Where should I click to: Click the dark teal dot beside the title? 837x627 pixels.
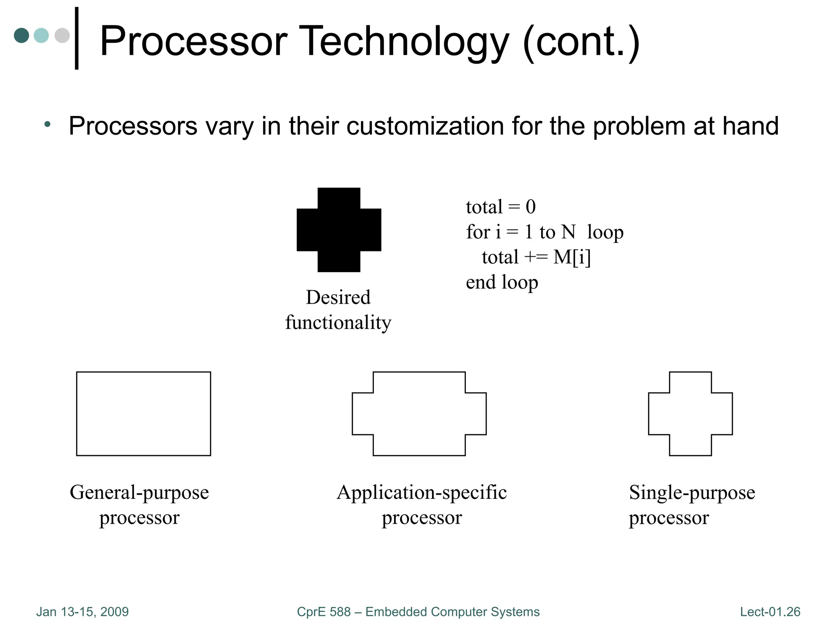coord(21,35)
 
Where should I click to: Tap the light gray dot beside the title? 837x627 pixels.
coord(62,35)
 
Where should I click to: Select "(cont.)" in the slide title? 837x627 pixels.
coord(581,42)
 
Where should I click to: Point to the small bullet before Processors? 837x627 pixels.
coord(47,124)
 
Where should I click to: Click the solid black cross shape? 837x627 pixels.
coord(339,230)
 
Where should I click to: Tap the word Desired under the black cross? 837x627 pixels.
coord(338,297)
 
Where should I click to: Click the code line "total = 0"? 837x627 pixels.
coord(501,207)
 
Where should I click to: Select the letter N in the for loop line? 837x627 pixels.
coord(568,232)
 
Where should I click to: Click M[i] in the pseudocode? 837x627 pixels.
coord(572,257)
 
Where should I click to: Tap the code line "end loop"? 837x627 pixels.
coord(502,282)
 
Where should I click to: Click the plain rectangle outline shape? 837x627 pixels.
coord(143,414)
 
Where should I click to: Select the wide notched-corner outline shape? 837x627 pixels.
coord(419,414)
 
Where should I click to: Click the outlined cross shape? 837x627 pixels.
coord(690,414)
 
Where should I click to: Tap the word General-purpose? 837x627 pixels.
coord(139,493)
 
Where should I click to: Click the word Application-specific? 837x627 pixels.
coord(422,493)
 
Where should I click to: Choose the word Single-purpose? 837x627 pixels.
coord(692,493)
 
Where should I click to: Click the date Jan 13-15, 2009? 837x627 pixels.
coord(83,611)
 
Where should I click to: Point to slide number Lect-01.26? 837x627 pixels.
coord(770,611)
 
